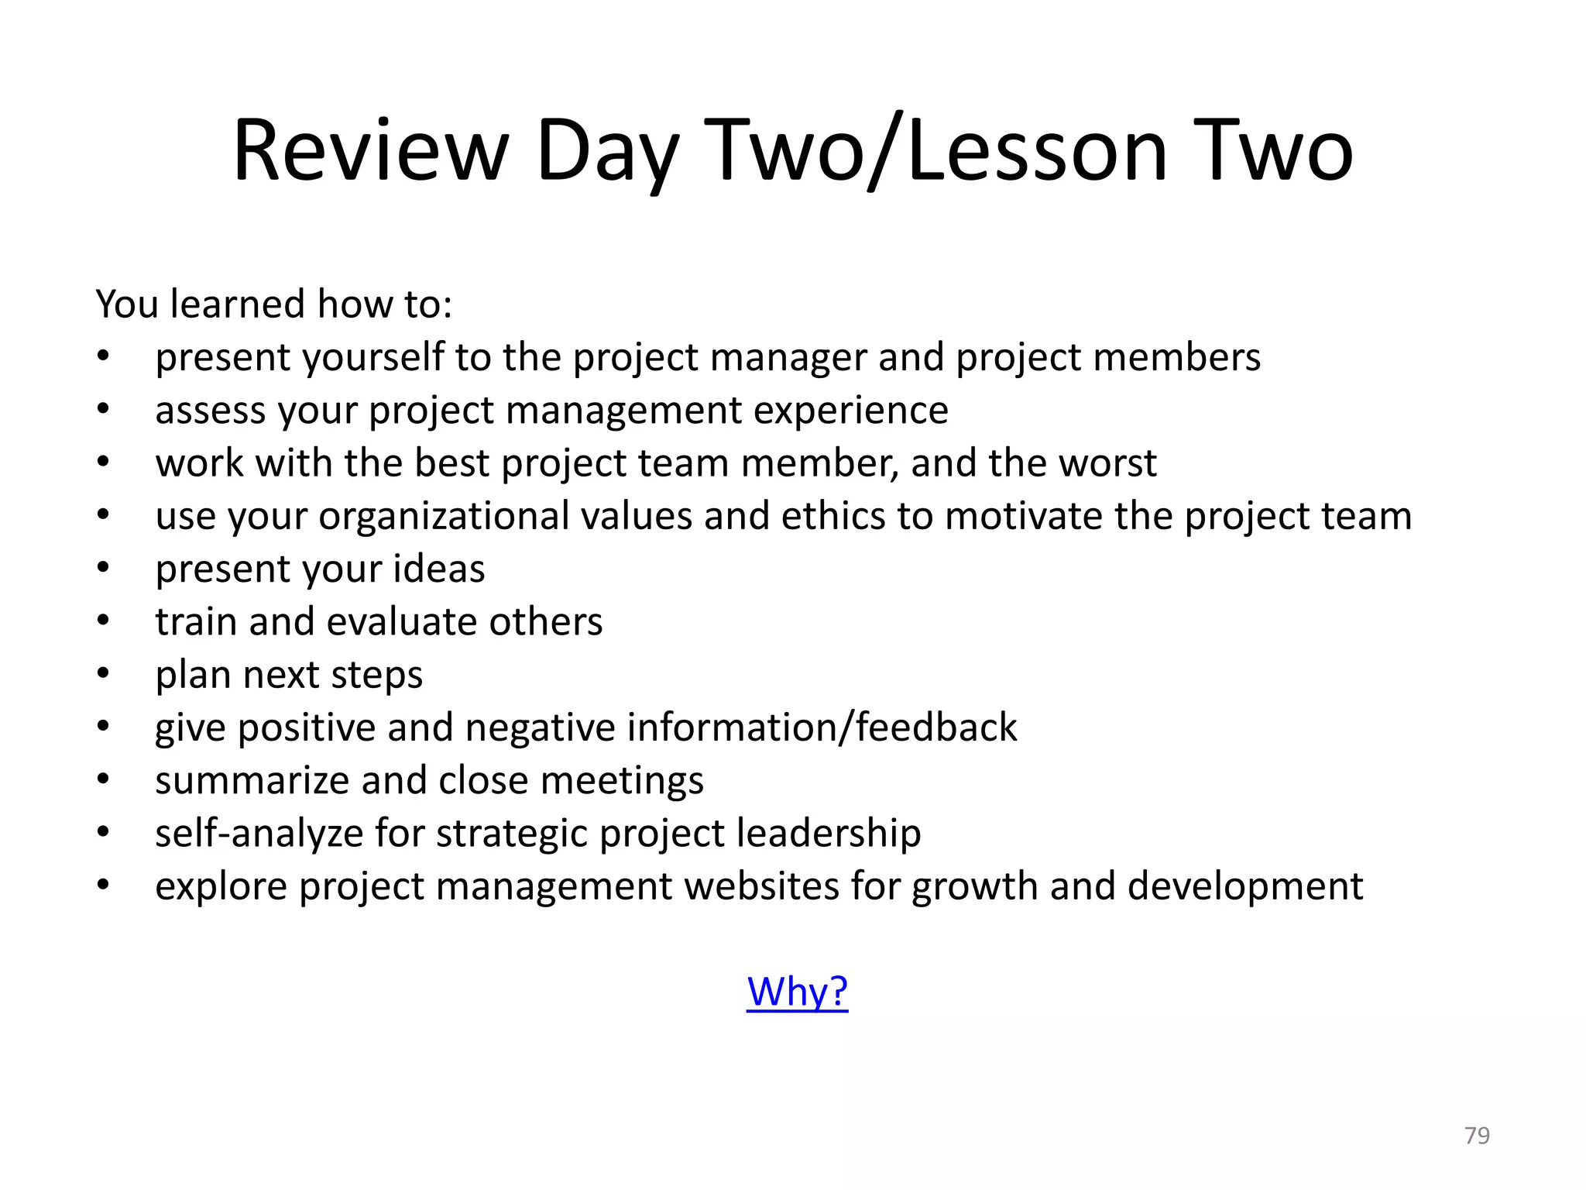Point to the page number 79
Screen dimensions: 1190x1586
[1477, 1135]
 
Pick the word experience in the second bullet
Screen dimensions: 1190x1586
[851, 411]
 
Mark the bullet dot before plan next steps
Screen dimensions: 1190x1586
[103, 672]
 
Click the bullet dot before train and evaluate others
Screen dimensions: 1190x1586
[103, 620]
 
